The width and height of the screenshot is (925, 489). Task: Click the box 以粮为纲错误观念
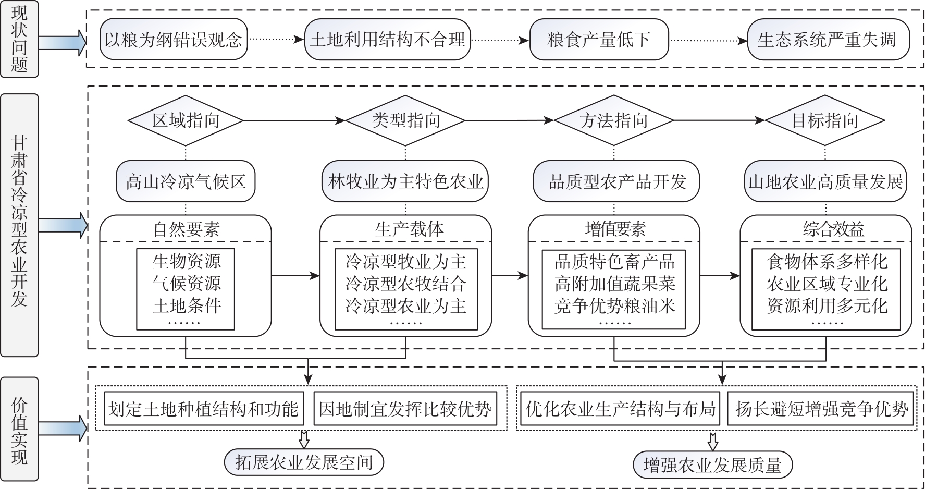point(174,40)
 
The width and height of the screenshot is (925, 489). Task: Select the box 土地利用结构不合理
point(387,40)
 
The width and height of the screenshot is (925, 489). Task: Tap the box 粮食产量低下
point(599,40)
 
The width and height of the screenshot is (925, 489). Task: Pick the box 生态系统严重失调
point(828,40)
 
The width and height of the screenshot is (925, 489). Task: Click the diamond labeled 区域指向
point(186,120)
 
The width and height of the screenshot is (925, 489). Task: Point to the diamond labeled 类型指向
point(405,120)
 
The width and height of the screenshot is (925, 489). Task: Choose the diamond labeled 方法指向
point(614,120)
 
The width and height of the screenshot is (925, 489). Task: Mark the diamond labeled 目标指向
point(825,120)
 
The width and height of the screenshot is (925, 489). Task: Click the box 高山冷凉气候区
point(186,181)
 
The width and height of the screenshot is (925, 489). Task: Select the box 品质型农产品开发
point(616,181)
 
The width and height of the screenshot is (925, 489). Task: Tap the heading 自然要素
point(186,229)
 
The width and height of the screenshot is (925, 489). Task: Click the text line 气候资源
point(186,283)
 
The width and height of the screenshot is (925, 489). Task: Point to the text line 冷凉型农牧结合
point(405,283)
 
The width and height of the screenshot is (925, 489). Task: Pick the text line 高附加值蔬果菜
point(614,283)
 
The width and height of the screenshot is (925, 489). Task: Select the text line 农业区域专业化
point(827,283)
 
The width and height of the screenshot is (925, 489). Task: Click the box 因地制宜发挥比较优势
point(405,409)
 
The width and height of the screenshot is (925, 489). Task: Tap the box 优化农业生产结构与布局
point(620,409)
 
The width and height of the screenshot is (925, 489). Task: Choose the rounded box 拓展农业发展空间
point(304,462)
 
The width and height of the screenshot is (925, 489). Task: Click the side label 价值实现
point(19,429)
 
